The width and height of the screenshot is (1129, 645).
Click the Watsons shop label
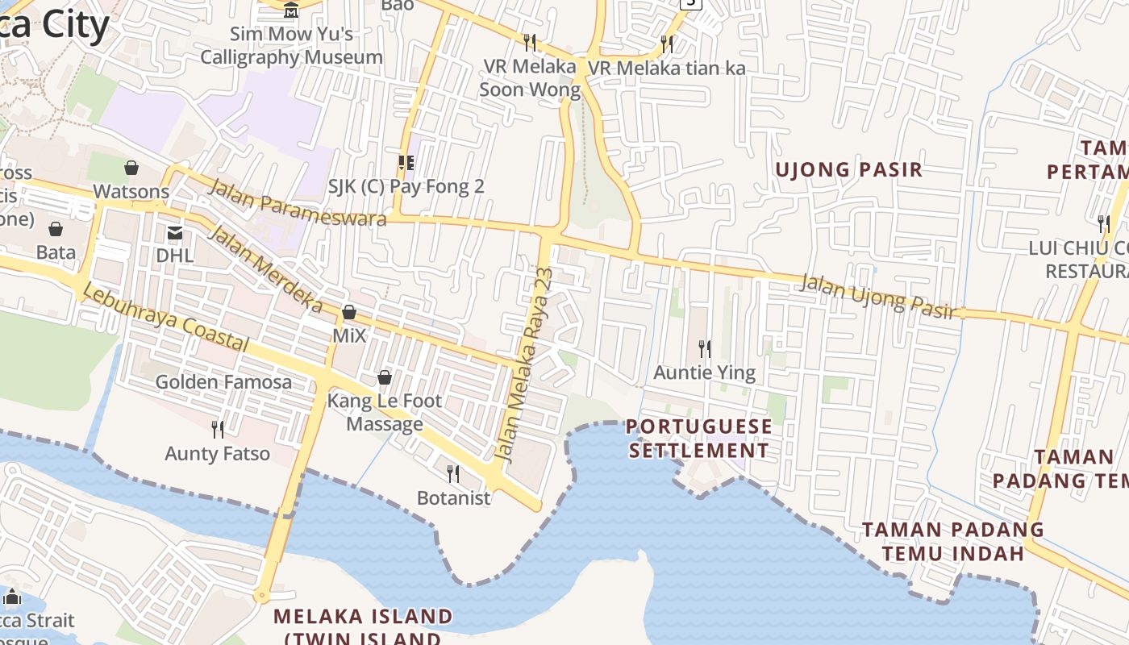[131, 192]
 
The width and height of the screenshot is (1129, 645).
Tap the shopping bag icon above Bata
[56, 230]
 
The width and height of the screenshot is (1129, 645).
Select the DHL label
[175, 256]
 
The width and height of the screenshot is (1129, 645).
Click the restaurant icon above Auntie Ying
[705, 349]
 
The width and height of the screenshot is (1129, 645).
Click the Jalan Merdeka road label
[265, 269]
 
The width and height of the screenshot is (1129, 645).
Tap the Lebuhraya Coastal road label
[165, 318]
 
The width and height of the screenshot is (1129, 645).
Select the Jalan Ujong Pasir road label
[879, 296]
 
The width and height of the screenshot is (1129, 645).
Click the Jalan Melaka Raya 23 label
[526, 364]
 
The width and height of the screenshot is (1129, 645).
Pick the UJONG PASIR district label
[848, 169]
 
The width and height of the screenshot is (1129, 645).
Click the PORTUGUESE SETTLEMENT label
[699, 438]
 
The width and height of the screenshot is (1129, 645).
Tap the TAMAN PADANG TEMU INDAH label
[953, 541]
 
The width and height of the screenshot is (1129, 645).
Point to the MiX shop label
[349, 335]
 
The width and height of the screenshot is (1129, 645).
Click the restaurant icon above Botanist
[453, 473]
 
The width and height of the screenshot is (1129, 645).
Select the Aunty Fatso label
[218, 453]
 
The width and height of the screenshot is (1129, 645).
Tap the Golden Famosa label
[223, 381]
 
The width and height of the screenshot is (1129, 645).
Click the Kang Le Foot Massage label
[385, 412]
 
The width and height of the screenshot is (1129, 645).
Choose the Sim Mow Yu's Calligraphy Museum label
[291, 46]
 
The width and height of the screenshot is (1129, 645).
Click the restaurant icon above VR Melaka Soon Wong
[530, 42]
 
